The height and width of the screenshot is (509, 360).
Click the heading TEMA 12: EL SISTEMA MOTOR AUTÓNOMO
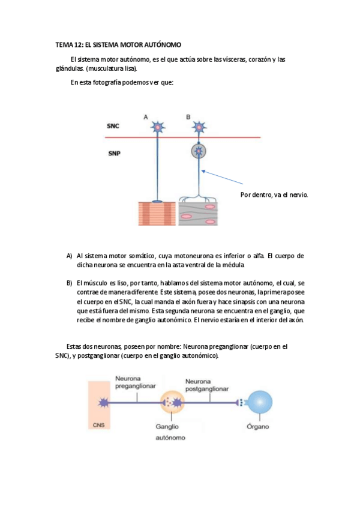(118, 45)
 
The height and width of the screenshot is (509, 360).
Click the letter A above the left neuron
(146, 117)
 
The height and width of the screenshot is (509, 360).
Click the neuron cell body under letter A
(157, 127)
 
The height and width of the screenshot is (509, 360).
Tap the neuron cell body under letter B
(198, 127)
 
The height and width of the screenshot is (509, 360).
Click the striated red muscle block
(157, 212)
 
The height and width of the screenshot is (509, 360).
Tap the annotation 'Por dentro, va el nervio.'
(274, 194)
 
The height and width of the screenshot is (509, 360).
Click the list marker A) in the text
(70, 256)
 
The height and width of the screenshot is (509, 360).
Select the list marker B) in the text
(70, 283)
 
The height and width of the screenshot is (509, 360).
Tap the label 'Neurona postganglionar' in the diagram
(207, 385)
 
